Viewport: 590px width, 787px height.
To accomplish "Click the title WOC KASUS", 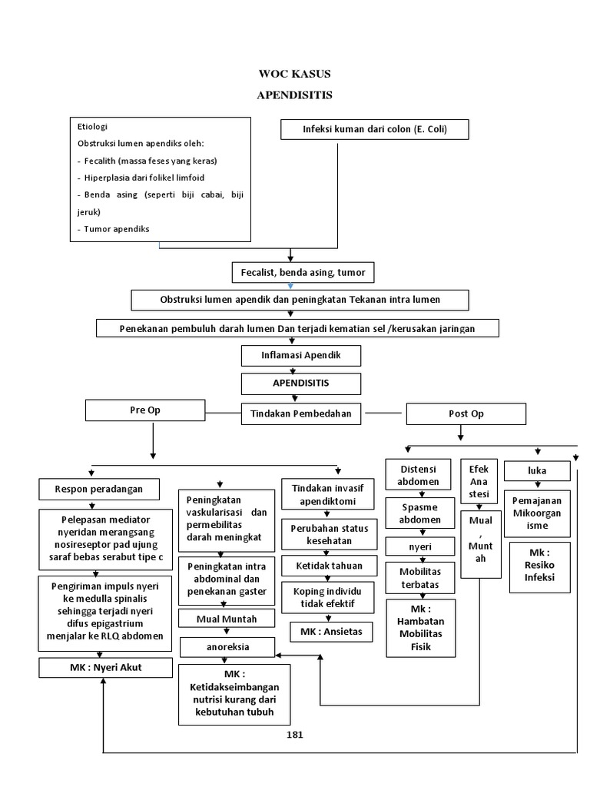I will click(x=295, y=75).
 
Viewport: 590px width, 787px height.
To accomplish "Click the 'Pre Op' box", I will click(x=144, y=410).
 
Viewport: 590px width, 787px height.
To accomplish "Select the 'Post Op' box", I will click(x=466, y=413).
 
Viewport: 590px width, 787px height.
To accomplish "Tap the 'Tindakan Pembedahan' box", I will click(x=301, y=413).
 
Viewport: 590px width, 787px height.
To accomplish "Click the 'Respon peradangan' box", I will click(x=91, y=488).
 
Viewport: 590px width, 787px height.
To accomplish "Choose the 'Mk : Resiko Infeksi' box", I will click(x=540, y=569).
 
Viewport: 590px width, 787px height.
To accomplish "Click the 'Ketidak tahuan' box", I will click(x=327, y=566).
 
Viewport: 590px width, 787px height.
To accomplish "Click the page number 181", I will click(x=295, y=735).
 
